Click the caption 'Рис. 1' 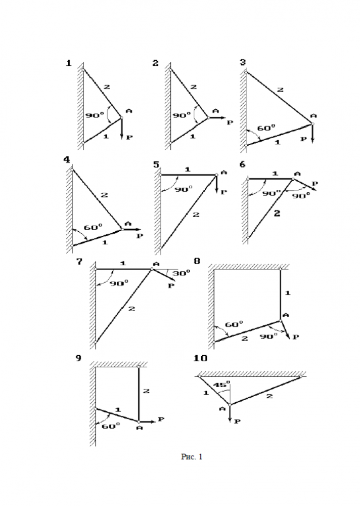pos(192,457)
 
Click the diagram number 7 pos(78,262)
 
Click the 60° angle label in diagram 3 pos(266,128)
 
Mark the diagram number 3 pos(243,62)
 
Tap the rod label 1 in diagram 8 pos(287,292)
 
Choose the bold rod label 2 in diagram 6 pos(276,213)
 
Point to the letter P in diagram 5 pos(224,192)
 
